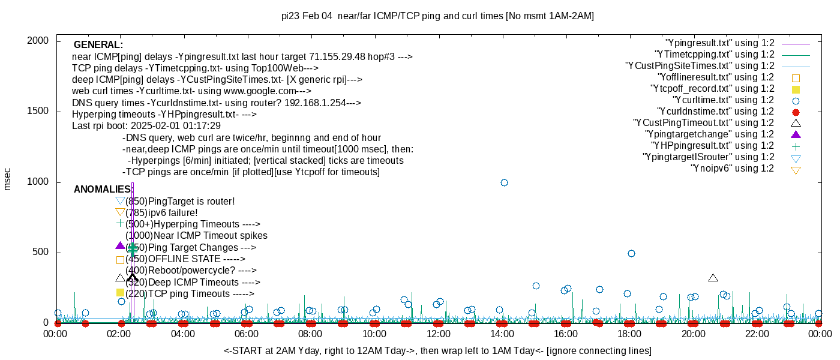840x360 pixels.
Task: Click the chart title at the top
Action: click(437, 16)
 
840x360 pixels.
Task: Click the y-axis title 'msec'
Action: click(7, 179)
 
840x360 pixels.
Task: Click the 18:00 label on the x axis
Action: click(629, 334)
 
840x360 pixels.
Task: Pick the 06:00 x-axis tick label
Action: click(247, 334)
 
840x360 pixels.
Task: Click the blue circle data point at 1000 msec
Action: click(504, 182)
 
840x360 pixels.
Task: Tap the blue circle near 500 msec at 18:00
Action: click(631, 253)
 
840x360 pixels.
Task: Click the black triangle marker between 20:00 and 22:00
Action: click(713, 278)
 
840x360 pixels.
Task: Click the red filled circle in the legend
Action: click(796, 112)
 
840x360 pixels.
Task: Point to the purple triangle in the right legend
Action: click(796, 134)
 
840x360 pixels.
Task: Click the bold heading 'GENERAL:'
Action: click(98, 45)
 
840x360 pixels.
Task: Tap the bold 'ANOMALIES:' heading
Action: click(103, 190)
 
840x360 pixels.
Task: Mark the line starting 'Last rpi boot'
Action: click(146, 126)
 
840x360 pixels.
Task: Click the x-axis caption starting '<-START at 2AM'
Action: click(437, 350)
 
